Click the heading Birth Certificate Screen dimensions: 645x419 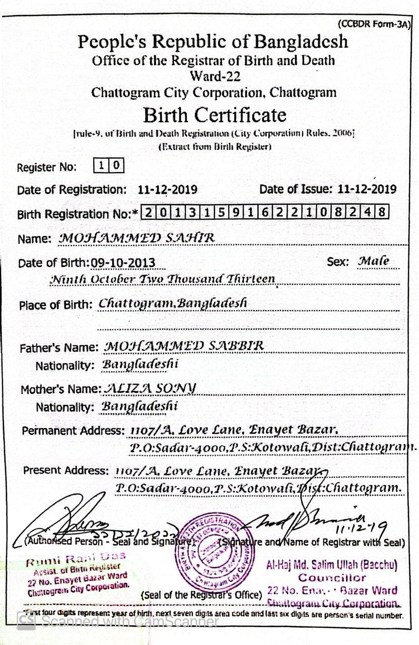click(x=215, y=115)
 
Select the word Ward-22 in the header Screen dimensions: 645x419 click(x=215, y=77)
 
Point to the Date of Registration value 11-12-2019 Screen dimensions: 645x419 click(x=167, y=190)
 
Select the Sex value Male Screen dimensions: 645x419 click(x=373, y=262)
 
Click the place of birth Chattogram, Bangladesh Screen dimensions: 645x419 click(x=173, y=303)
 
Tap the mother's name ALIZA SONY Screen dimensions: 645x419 click(x=150, y=388)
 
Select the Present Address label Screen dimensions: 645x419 click(x=66, y=470)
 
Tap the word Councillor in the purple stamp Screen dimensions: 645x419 click(x=332, y=577)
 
